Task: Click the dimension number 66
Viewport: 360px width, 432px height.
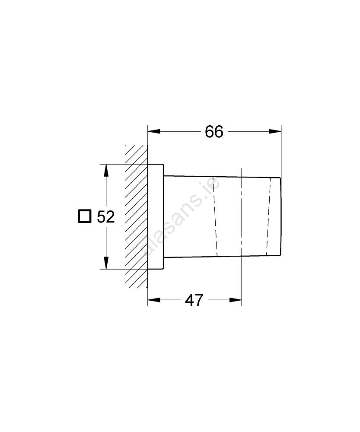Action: point(214,132)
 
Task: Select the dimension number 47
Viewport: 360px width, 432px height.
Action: point(194,300)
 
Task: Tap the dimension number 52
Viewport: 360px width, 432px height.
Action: point(105,217)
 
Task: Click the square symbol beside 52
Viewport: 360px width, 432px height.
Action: point(84,216)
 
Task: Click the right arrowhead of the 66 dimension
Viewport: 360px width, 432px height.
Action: point(275,131)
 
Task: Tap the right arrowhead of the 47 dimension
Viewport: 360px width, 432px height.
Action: point(236,300)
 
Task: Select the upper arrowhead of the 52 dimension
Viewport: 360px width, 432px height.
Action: point(106,171)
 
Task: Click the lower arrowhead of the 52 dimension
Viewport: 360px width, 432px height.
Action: point(106,263)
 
